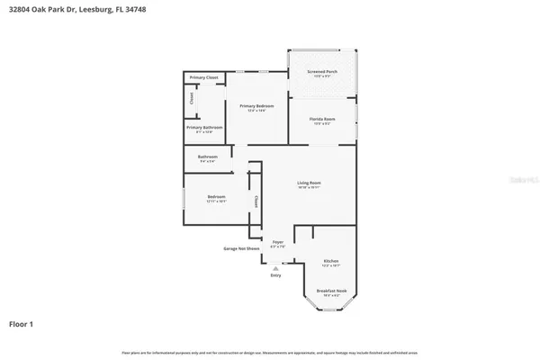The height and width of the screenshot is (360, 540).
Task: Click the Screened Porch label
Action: pyautogui.click(x=321, y=71)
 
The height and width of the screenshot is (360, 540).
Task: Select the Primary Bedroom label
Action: pyautogui.click(x=256, y=106)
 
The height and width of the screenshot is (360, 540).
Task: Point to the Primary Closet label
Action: pyautogui.click(x=204, y=78)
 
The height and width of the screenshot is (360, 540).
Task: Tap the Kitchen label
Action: pyautogui.click(x=331, y=260)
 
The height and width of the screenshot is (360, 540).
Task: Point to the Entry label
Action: pyautogui.click(x=275, y=275)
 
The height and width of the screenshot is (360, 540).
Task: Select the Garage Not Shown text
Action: pyautogui.click(x=241, y=248)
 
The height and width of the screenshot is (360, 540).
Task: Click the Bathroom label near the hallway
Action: pyautogui.click(x=207, y=157)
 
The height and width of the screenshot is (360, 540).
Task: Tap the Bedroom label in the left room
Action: pyautogui.click(x=216, y=196)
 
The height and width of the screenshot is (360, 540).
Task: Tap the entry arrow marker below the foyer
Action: pyautogui.click(x=275, y=266)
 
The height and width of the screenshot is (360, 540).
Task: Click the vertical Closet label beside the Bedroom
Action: pyautogui.click(x=256, y=202)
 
